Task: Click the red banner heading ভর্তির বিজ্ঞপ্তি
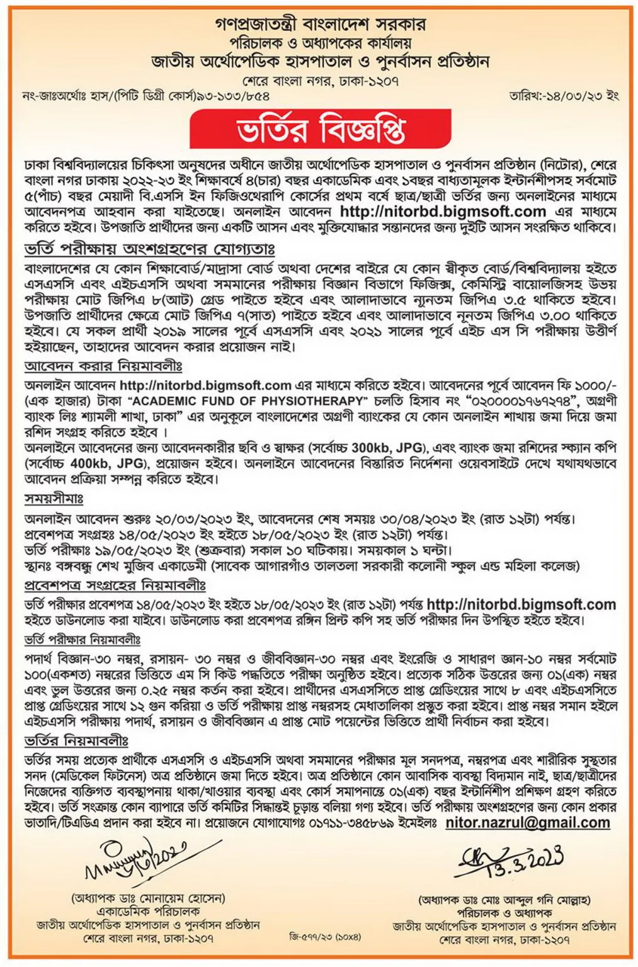pos(321,129)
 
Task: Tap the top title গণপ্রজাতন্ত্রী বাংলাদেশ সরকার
pos(320,25)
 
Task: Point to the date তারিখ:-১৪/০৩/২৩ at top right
pos(564,96)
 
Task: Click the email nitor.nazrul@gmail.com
pos(528,823)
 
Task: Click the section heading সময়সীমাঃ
pos(54,499)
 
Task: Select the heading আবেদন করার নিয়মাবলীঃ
pos(103,366)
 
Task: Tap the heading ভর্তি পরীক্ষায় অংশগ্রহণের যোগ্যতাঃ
pos(149,250)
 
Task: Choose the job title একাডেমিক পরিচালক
pos(148,911)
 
